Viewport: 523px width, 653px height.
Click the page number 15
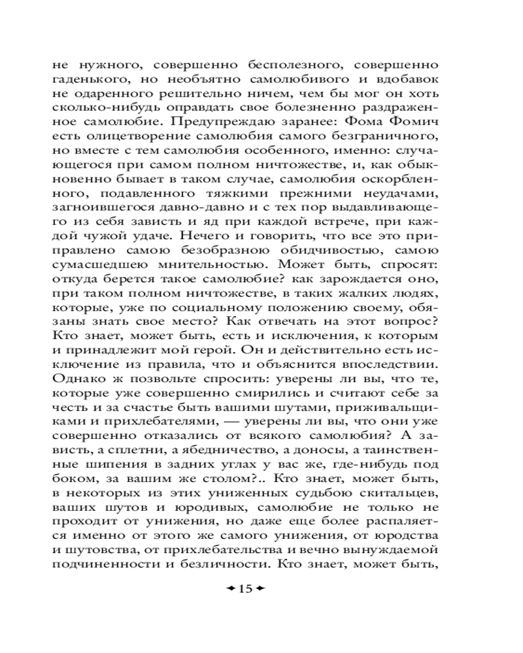245,588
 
